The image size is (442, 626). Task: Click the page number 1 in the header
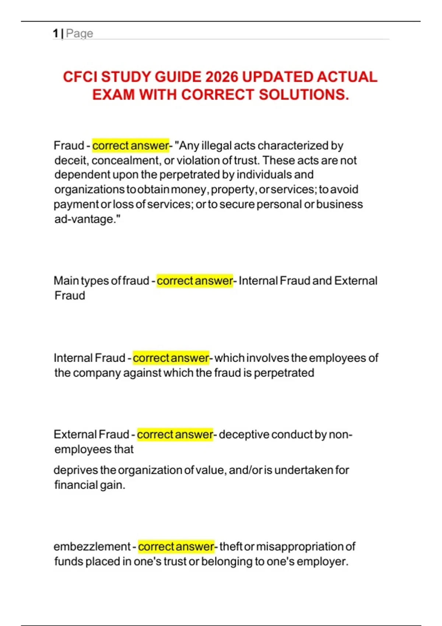56,34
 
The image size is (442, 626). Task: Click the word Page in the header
80,34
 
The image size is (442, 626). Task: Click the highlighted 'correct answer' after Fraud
130,145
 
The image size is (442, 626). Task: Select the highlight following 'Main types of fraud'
195,281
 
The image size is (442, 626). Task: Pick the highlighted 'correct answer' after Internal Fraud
171,358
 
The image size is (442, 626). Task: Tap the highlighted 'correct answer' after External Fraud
175,435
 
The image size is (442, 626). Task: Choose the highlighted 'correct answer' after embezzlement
176,546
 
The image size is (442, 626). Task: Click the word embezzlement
92,546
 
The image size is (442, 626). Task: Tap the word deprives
76,470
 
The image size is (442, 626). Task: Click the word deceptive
244,435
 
